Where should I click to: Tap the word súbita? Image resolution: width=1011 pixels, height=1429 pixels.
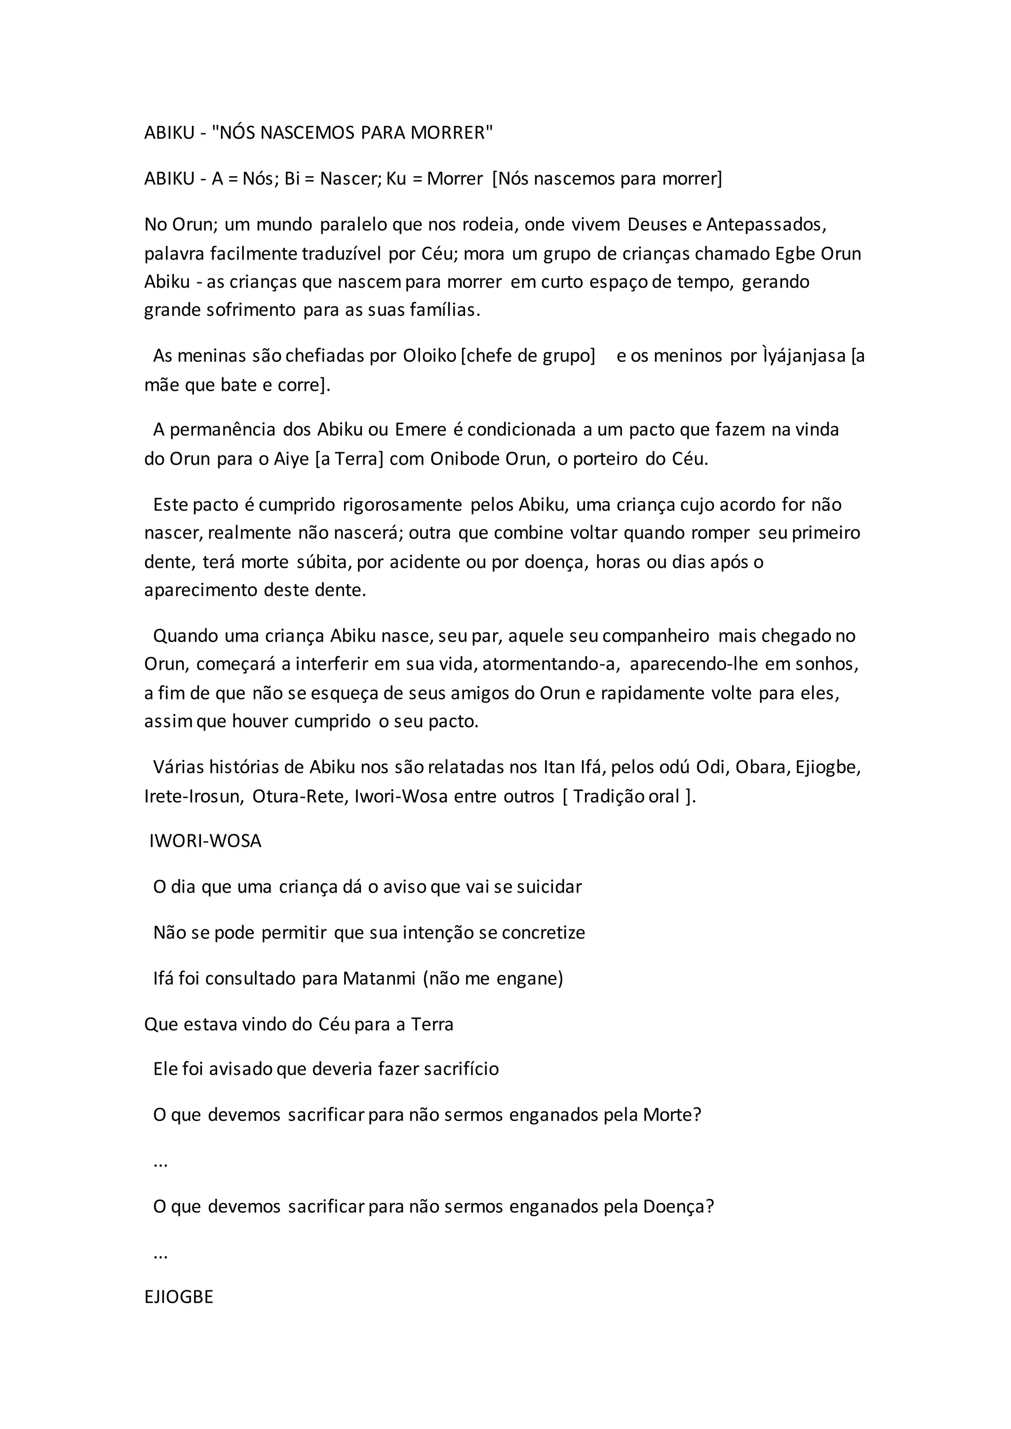(x=324, y=562)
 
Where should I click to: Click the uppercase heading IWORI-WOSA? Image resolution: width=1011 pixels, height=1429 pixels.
(x=205, y=841)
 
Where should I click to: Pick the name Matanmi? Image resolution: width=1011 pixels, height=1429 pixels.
(x=379, y=978)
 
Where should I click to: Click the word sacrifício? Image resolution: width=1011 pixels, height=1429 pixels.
(x=461, y=1069)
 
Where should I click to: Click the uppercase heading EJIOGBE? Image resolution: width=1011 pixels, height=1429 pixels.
(x=179, y=1297)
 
